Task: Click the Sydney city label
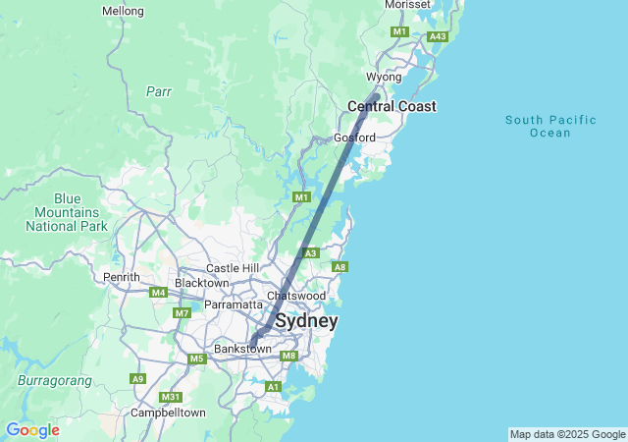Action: coord(306,321)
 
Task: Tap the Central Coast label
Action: coord(392,106)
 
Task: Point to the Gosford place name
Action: coord(354,138)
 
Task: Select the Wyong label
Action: coord(384,77)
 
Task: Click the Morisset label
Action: coord(407,5)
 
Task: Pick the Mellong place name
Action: coord(123,12)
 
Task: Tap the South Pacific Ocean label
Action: coord(550,127)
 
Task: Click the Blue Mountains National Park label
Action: coord(67,212)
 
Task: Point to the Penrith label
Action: coord(122,278)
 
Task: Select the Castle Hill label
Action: coord(232,268)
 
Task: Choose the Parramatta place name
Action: coord(234,305)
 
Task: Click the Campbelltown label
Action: coord(169,414)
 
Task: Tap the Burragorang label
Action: coord(54,380)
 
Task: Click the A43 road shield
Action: coord(438,36)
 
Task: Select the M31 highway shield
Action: coord(172,397)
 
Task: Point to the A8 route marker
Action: coord(340,267)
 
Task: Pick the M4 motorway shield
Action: coord(158,293)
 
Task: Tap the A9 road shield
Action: coord(138,378)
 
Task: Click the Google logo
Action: coord(32,430)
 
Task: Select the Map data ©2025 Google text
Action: coord(567,434)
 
